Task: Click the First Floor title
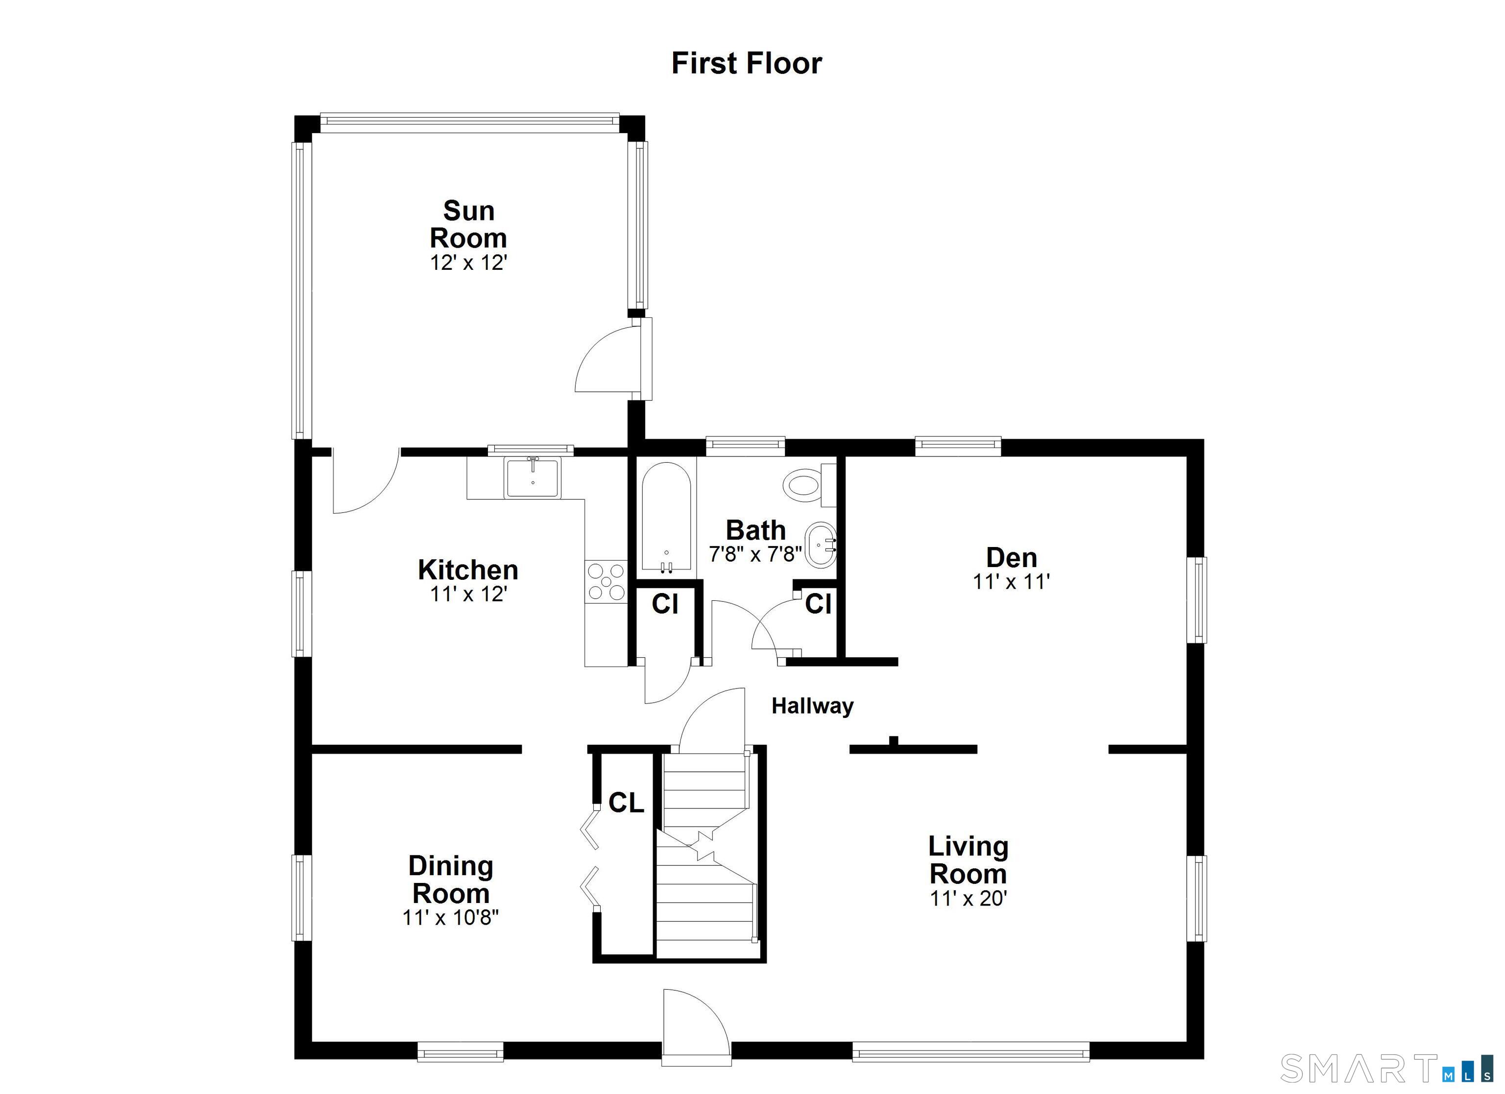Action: (x=747, y=64)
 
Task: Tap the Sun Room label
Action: (x=468, y=224)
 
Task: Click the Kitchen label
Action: (x=468, y=570)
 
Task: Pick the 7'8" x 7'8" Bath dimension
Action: (x=755, y=554)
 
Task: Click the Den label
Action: (x=1011, y=557)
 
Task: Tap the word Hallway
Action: (x=812, y=706)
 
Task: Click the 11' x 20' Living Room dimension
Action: (x=968, y=898)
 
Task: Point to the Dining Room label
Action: (x=451, y=879)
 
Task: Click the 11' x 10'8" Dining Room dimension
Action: (x=451, y=918)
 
